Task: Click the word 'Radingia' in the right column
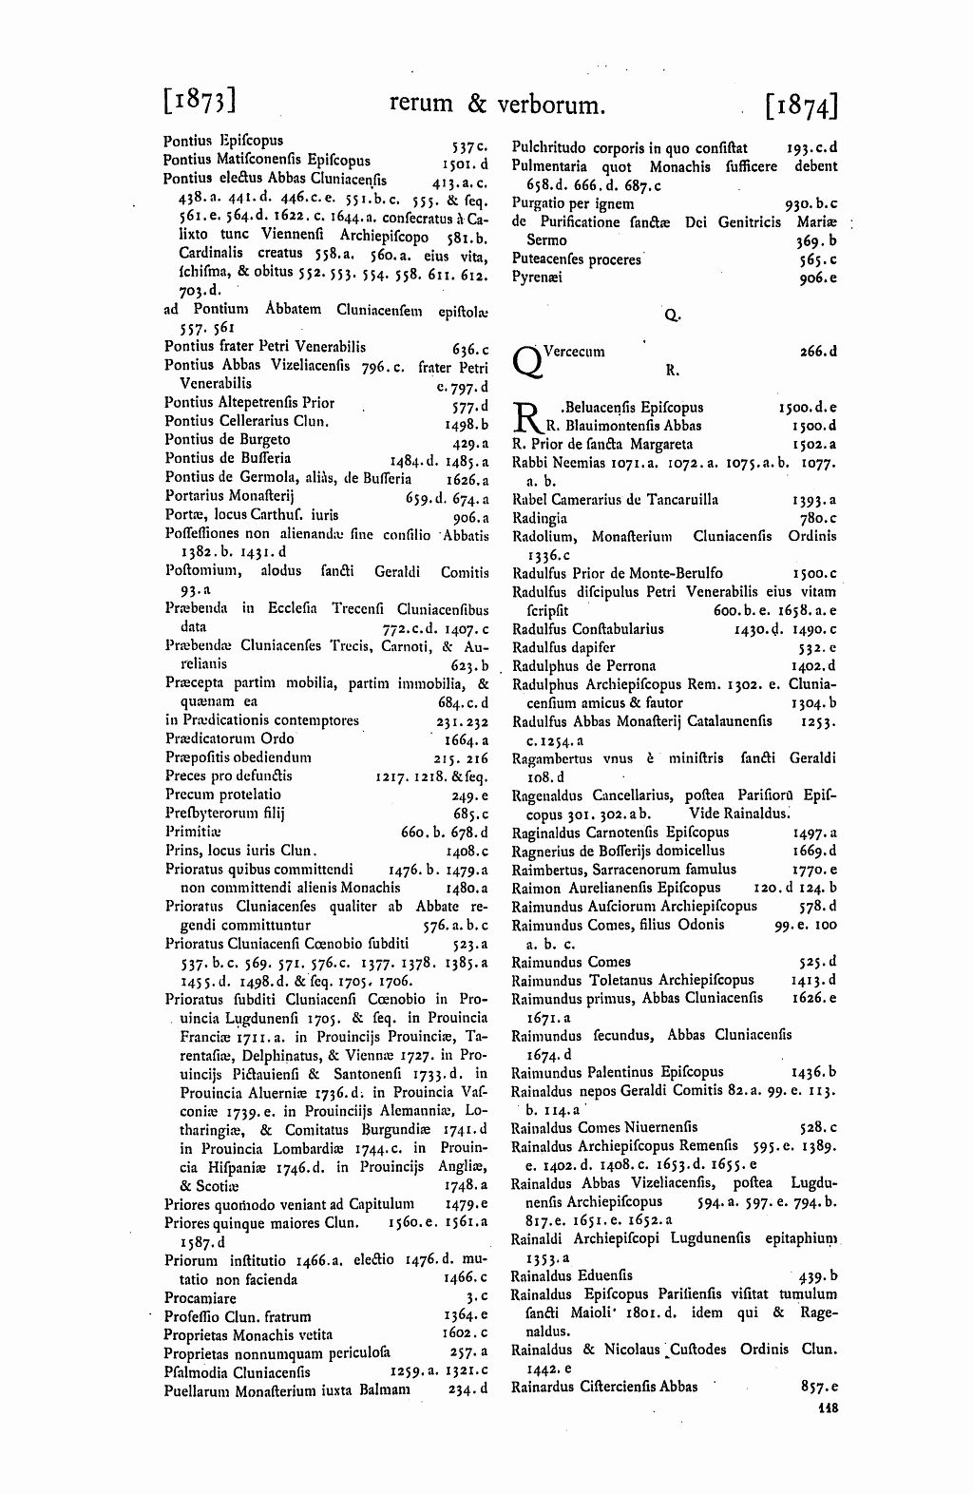pyautogui.click(x=539, y=518)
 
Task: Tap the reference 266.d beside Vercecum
pyautogui.click(x=818, y=352)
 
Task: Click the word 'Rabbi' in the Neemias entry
pyautogui.click(x=528, y=463)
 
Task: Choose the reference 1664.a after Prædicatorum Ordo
pyautogui.click(x=466, y=739)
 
